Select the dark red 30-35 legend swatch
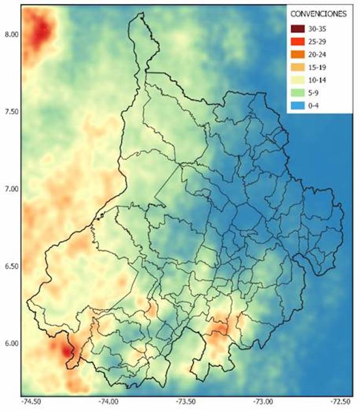[x=299, y=29]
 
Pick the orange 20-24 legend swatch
[x=299, y=54]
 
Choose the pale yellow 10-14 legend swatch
[x=299, y=80]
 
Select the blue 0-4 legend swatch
[x=299, y=105]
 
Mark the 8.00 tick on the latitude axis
[x=11, y=34]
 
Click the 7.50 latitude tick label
[x=11, y=111]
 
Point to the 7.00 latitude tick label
[x=11, y=189]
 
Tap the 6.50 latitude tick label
[x=11, y=266]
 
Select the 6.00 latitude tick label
[x=11, y=343]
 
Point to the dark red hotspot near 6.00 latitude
[x=67, y=351]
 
